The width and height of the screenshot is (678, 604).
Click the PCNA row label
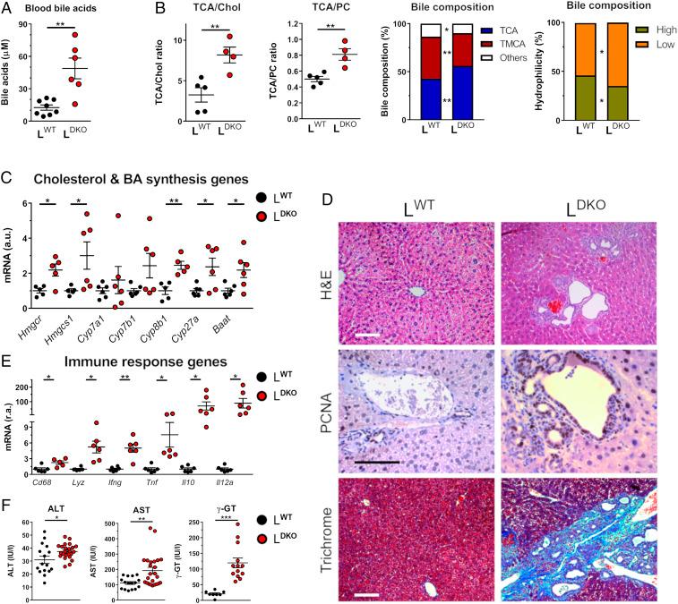point(321,395)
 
